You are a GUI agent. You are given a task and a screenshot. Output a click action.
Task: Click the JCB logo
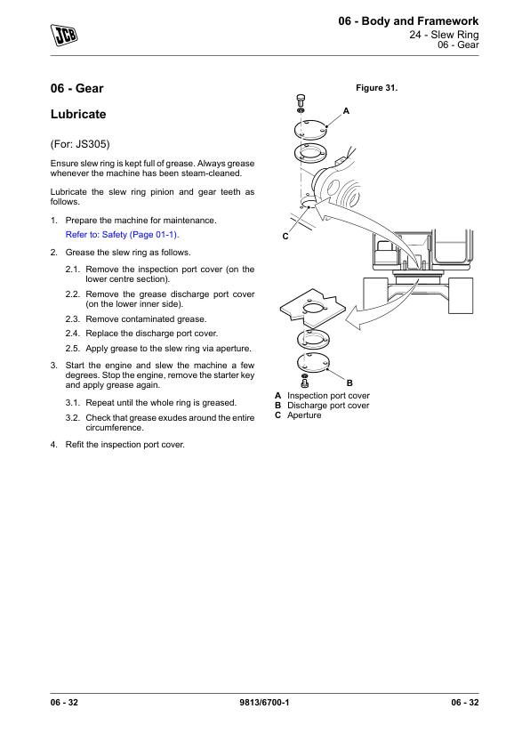click(x=64, y=35)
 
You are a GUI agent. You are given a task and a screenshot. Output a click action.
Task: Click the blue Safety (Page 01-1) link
click(x=122, y=235)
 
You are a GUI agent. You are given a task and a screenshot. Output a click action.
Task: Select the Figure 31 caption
click(x=377, y=88)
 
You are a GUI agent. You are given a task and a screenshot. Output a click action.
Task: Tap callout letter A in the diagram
click(x=346, y=111)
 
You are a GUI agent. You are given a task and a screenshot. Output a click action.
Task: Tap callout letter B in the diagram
click(x=349, y=383)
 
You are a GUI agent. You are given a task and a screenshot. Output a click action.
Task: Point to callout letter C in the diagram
click(x=285, y=237)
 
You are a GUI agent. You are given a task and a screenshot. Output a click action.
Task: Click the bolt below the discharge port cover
click(x=305, y=381)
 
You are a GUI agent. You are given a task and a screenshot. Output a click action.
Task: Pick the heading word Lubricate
click(x=78, y=114)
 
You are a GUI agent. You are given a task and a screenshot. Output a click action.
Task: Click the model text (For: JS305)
click(x=80, y=144)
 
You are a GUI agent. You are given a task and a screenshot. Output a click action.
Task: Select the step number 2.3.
click(x=73, y=319)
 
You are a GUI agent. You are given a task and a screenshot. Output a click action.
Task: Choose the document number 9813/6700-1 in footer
click(x=264, y=702)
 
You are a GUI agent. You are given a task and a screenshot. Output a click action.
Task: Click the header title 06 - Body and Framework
click(x=408, y=21)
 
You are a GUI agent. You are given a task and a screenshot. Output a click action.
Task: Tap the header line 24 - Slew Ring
click(x=444, y=35)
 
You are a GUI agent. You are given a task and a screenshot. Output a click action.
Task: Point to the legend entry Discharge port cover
click(x=328, y=406)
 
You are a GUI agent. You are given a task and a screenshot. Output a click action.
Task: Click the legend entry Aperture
click(x=304, y=415)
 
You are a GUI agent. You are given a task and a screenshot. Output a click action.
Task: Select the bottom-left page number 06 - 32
click(x=64, y=702)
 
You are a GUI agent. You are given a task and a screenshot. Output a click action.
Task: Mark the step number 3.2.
click(x=73, y=418)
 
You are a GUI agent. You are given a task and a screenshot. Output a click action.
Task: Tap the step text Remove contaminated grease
click(x=146, y=319)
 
